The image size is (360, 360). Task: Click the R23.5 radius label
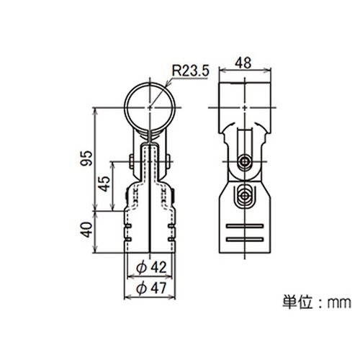tap(191, 71)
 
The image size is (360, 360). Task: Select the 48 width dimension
tap(243, 63)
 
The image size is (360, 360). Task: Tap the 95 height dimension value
tap(86, 158)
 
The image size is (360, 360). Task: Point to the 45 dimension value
tap(104, 184)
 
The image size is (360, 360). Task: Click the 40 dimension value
tap(86, 230)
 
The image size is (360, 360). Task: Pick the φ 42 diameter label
tap(151, 267)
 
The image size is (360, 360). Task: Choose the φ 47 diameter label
tap(151, 288)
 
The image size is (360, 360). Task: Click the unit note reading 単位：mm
tap(317, 302)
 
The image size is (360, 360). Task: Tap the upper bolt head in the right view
tap(245, 161)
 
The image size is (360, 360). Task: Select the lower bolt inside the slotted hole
tap(245, 196)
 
